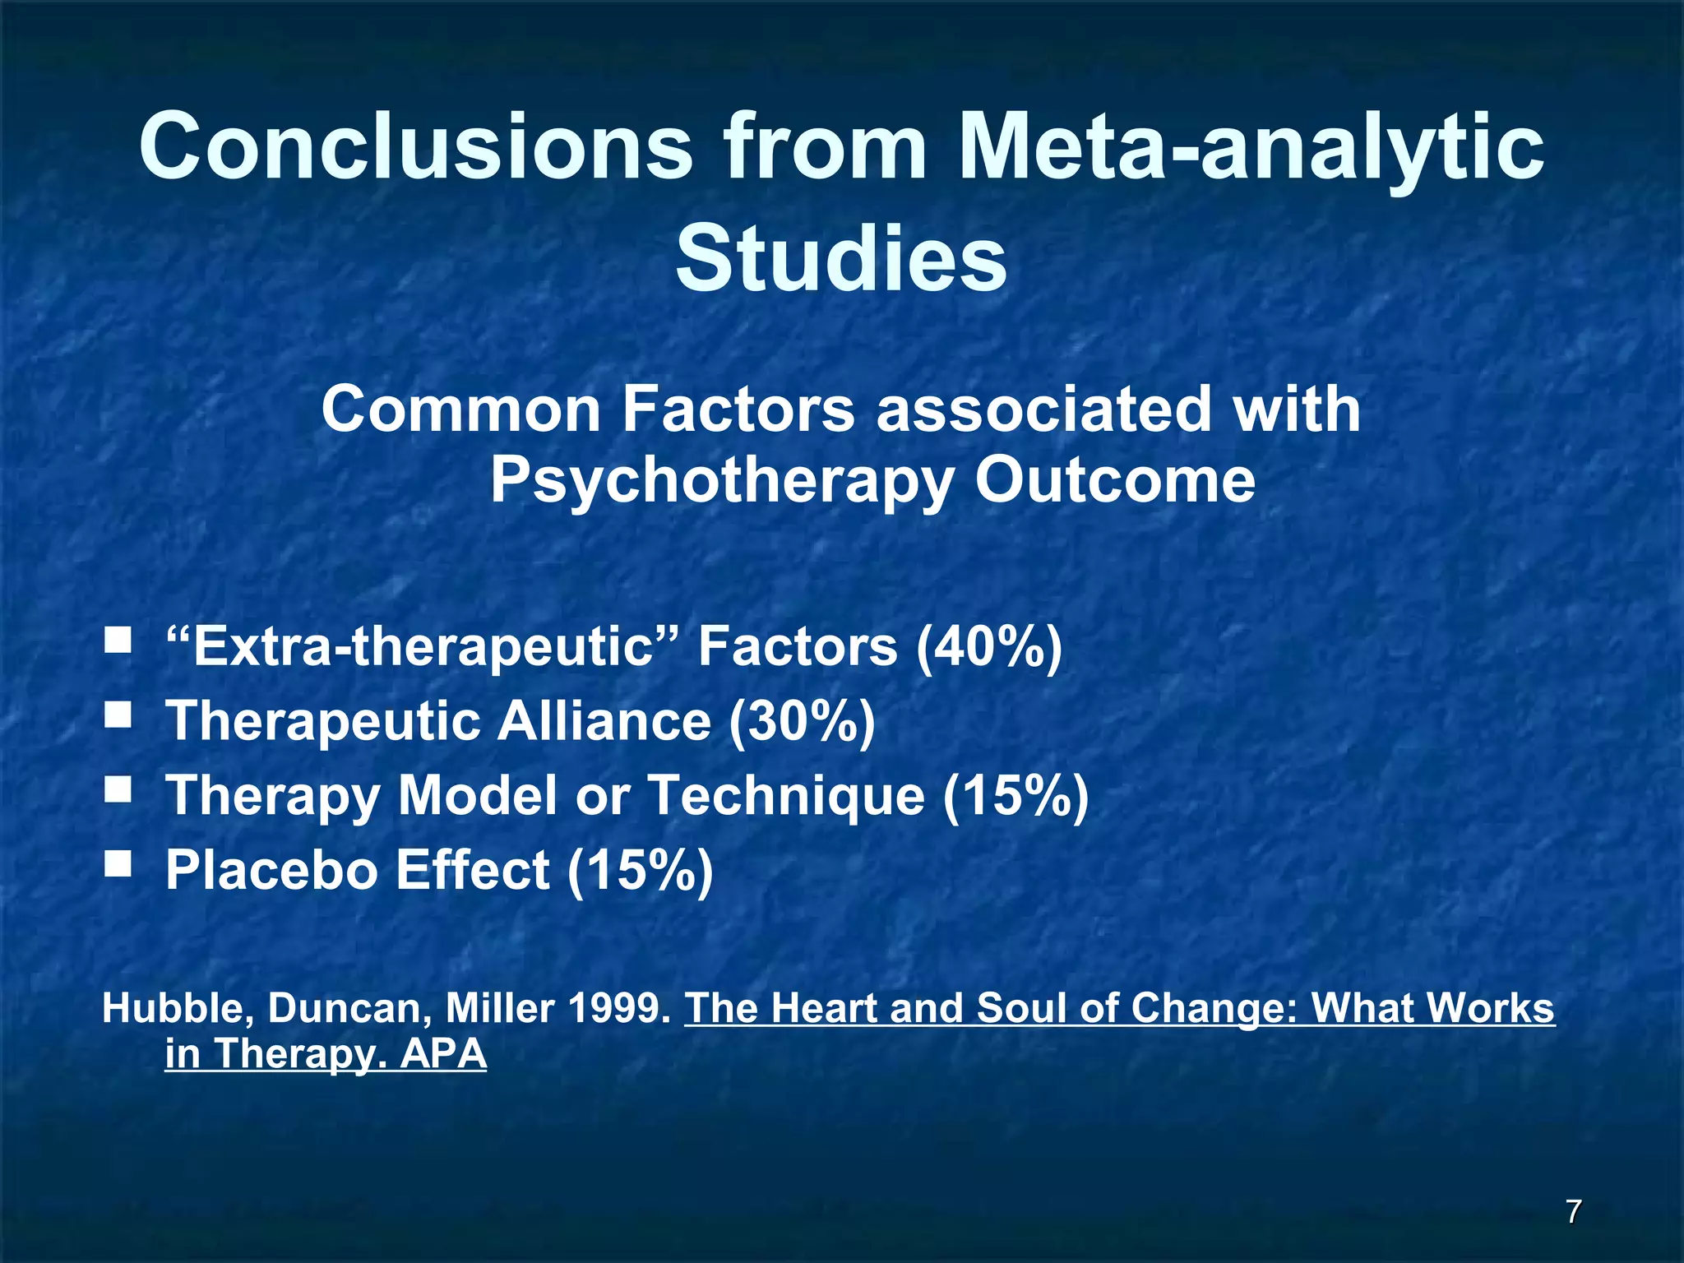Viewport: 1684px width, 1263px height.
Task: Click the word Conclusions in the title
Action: coord(415,146)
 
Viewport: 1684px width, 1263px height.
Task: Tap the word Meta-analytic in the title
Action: coord(1250,146)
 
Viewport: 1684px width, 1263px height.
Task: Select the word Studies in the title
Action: coord(841,259)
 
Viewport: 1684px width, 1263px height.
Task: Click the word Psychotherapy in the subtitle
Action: coord(720,481)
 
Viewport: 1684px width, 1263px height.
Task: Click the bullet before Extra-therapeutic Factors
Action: coord(118,641)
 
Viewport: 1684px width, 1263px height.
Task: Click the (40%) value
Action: coord(989,647)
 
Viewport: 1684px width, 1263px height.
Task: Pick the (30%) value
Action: coord(802,722)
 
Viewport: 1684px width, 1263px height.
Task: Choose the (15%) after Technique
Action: coord(1015,797)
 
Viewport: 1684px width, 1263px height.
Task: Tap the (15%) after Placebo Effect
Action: coord(640,871)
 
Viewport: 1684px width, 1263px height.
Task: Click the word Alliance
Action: coord(604,721)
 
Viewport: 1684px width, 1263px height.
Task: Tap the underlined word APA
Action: coord(443,1054)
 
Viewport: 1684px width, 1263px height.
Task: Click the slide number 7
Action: coord(1573,1211)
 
